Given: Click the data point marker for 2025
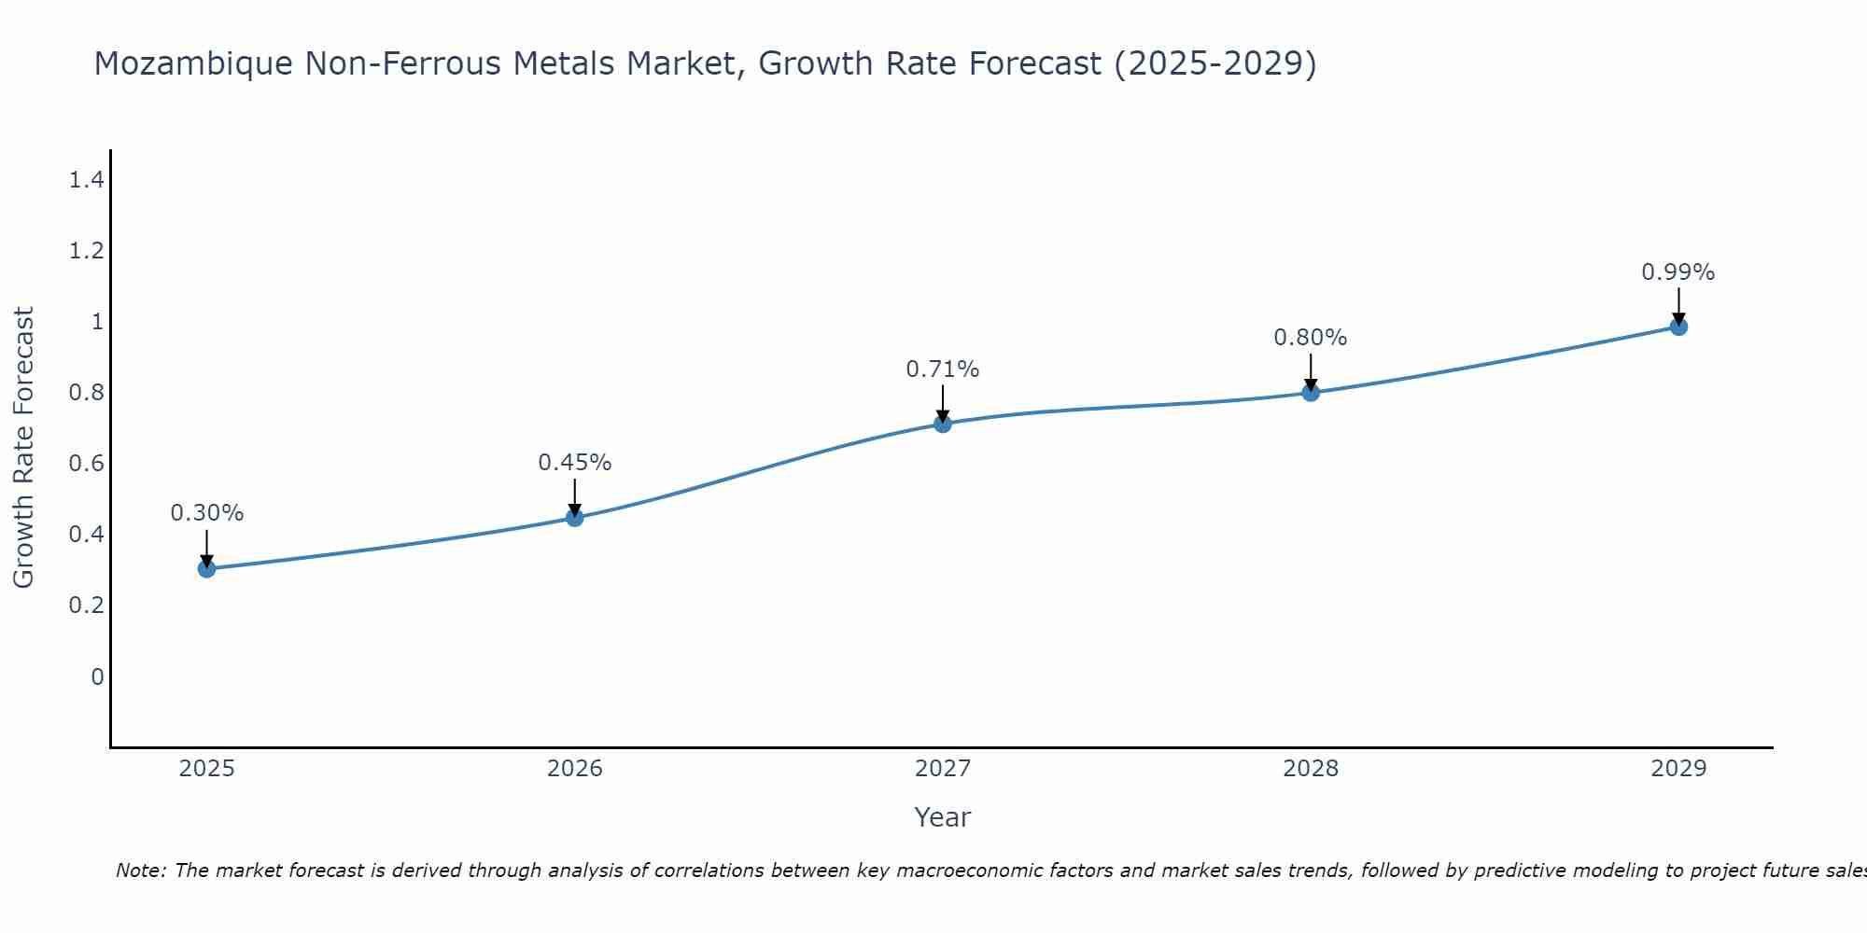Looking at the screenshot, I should [x=206, y=568].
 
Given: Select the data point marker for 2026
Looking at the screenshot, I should [x=575, y=517].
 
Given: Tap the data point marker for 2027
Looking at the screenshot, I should [x=943, y=424].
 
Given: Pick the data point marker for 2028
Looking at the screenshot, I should [x=1311, y=392].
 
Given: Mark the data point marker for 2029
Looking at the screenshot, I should [x=1678, y=327].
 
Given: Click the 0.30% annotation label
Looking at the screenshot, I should [x=206, y=513].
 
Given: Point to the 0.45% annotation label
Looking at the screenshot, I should [x=575, y=463].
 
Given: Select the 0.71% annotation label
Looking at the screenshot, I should [x=943, y=369].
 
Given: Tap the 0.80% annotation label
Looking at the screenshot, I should [x=1311, y=338].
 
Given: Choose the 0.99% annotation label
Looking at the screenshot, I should [x=1678, y=272].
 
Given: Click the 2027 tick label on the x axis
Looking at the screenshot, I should [x=943, y=769].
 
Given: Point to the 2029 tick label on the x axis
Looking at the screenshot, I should [x=1678, y=769].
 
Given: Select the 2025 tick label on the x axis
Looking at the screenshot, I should [x=206, y=769].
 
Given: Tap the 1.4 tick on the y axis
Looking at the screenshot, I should [x=86, y=180].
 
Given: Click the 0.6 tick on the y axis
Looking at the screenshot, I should [x=86, y=464].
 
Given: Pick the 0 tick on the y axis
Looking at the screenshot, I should [x=97, y=676].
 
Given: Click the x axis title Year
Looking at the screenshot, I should [x=943, y=817].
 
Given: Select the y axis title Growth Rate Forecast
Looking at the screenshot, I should [x=24, y=448].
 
